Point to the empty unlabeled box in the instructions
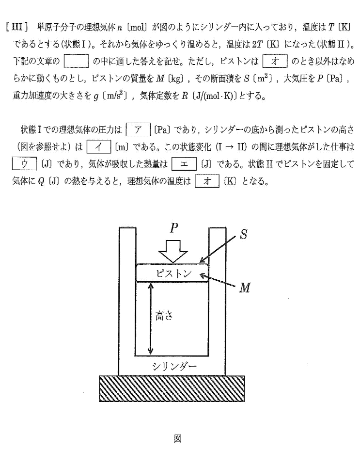tap(77, 62)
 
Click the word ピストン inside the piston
tap(172, 273)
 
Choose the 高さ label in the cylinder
tap(166, 316)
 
